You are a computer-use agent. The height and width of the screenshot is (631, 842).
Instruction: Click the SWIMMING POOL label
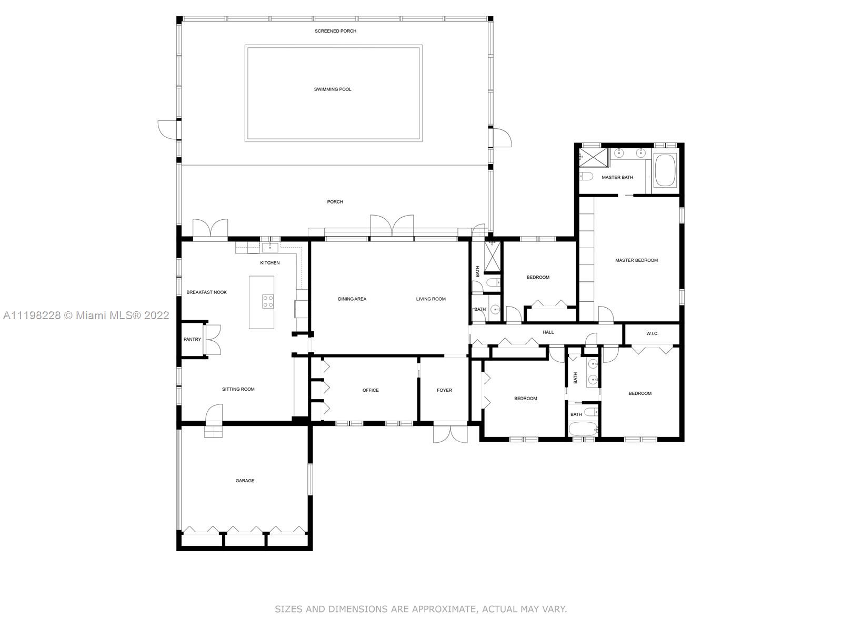[x=333, y=89]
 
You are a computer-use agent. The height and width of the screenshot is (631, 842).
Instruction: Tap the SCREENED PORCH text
[x=335, y=31]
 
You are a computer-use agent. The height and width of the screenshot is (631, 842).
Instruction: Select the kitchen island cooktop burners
[x=268, y=301]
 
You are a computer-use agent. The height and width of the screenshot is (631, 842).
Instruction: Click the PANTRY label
[x=192, y=339]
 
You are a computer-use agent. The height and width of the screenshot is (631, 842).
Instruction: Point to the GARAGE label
[x=245, y=481]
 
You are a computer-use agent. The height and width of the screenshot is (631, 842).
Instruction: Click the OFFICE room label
[x=370, y=390]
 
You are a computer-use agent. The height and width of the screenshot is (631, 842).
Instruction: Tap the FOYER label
[x=444, y=390]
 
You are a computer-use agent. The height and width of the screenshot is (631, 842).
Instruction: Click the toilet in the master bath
[x=586, y=177]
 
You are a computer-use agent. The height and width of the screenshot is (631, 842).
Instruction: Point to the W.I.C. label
[x=652, y=333]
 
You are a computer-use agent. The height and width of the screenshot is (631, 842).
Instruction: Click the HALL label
[x=548, y=332]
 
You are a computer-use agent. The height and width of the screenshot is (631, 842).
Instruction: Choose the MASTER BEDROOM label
[x=636, y=260]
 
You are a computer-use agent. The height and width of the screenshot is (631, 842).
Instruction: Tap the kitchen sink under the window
[x=270, y=247]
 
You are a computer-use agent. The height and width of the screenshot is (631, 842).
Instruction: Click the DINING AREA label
[x=352, y=299]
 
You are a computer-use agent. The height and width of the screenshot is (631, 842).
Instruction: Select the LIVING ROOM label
[x=431, y=299]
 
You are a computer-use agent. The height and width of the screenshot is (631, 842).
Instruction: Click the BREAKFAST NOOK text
[x=206, y=292]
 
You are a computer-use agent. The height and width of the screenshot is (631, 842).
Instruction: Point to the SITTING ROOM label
[x=238, y=389]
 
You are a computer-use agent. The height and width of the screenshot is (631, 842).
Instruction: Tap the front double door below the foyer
[x=450, y=434]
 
